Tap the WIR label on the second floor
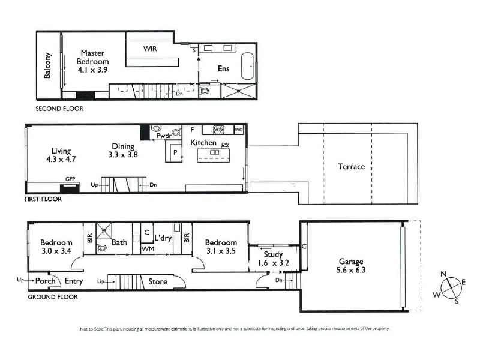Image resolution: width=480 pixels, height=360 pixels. pyautogui.click(x=150, y=49)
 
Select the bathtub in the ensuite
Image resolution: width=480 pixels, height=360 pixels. pyautogui.click(x=247, y=67)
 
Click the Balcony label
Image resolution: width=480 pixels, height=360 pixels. pyautogui.click(x=47, y=65)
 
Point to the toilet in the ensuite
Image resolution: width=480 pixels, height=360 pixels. pyautogui.click(x=204, y=91)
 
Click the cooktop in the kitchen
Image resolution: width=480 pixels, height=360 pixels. pyautogui.click(x=218, y=130)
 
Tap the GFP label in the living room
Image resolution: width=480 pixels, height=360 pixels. pyautogui.click(x=70, y=179)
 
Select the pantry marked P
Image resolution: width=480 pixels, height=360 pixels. pyautogui.click(x=174, y=152)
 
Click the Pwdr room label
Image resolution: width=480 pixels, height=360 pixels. pyautogui.click(x=164, y=136)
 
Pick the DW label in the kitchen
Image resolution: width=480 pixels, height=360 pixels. pyautogui.click(x=226, y=145)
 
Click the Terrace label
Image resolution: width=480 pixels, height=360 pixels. pyautogui.click(x=352, y=167)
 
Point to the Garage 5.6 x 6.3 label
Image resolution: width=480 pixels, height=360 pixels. pyautogui.click(x=351, y=266)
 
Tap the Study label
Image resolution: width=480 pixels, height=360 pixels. pyautogui.click(x=273, y=254)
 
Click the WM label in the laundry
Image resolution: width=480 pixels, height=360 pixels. pyautogui.click(x=148, y=249)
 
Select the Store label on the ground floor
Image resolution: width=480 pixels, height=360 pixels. pyautogui.click(x=158, y=281)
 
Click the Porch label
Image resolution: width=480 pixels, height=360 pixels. pyautogui.click(x=46, y=281)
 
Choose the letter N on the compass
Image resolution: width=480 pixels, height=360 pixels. pyautogui.click(x=443, y=274)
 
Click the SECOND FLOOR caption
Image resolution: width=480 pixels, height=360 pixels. pyautogui.click(x=59, y=109)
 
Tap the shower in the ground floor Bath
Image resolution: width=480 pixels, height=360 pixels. pyautogui.click(x=104, y=231)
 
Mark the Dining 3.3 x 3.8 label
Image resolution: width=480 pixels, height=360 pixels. pyautogui.click(x=123, y=151)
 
